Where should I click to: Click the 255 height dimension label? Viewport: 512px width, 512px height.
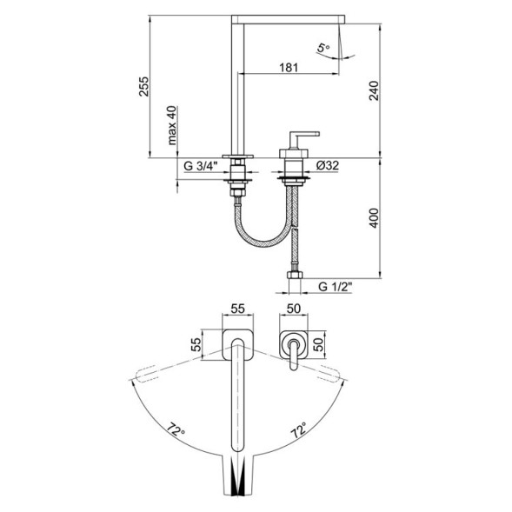click(145, 87)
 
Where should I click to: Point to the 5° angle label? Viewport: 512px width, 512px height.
click(323, 51)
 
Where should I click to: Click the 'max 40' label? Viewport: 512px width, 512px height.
click(173, 127)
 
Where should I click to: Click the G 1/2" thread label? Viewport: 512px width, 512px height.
click(334, 284)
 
